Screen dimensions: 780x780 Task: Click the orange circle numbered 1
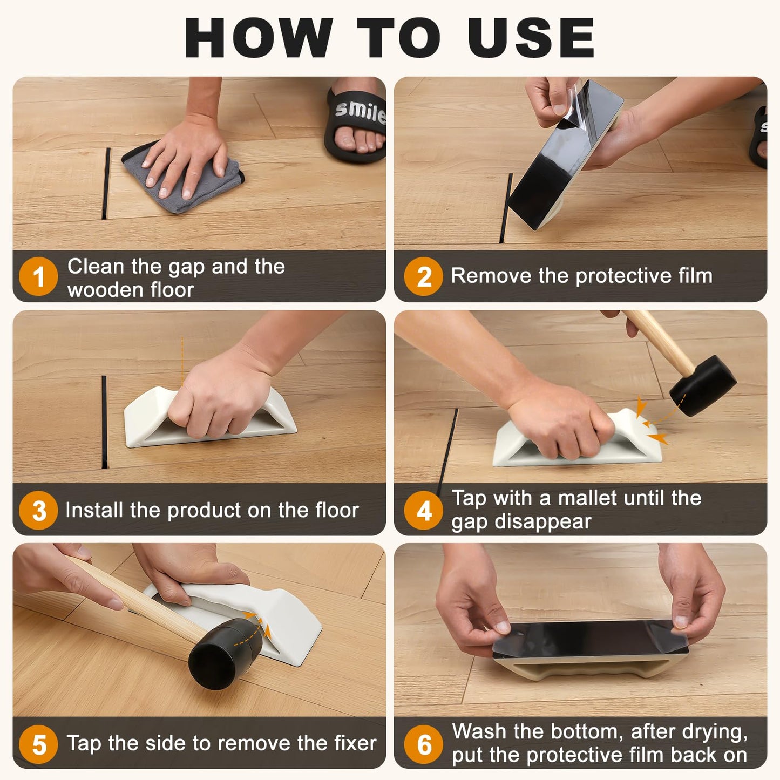(38, 276)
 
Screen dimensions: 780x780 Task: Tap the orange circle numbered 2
(424, 276)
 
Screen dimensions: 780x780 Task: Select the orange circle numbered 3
(38, 510)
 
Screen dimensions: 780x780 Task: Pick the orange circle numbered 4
(424, 510)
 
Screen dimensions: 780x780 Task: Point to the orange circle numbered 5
(38, 744)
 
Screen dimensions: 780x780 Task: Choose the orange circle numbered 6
(424, 744)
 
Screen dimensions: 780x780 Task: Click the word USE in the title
(531, 38)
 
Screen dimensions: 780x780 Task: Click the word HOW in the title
(259, 38)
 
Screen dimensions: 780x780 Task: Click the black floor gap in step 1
(106, 184)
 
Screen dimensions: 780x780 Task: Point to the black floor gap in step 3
(104, 421)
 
